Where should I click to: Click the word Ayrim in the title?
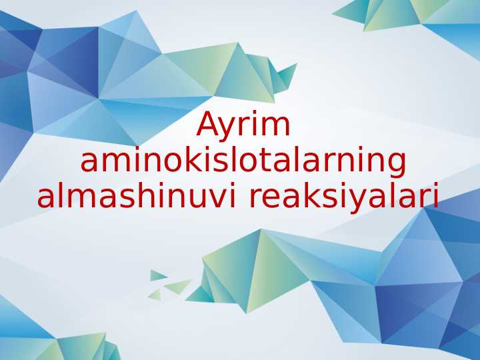(243, 126)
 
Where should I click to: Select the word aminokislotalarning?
(243, 162)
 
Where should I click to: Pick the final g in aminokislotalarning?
(395, 165)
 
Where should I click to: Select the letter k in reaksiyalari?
(318, 196)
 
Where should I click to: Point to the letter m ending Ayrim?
(276, 128)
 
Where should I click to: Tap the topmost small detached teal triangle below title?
(157, 275)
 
